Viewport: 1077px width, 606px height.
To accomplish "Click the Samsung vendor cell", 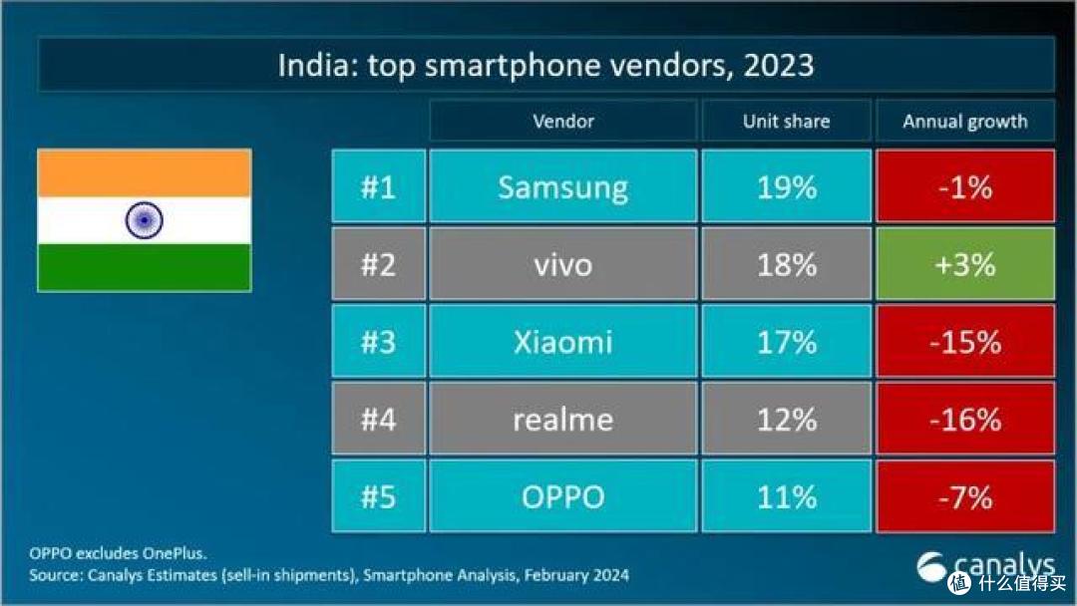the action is [x=562, y=186].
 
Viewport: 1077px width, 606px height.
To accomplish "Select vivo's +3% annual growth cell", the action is [x=965, y=264].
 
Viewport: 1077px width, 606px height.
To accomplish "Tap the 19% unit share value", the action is [x=787, y=186].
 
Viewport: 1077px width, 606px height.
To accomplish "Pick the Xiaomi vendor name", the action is [x=562, y=342].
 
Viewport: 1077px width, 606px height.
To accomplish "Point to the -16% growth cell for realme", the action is [x=965, y=419].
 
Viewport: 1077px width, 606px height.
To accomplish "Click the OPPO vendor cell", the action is [x=562, y=496].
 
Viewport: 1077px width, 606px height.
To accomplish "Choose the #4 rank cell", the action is [x=379, y=419].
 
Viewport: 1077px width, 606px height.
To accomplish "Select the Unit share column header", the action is [x=787, y=121].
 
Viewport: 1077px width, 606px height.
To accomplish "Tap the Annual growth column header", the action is [x=965, y=121].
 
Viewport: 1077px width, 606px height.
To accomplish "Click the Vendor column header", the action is [x=562, y=121].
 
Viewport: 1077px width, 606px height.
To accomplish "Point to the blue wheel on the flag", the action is [x=145, y=220].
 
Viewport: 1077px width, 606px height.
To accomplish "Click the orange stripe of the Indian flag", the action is [x=145, y=173].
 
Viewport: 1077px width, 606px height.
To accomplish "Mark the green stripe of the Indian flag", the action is [x=145, y=267].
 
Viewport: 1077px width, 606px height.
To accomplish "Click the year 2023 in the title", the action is [x=778, y=65].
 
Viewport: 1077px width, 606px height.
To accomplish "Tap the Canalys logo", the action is [x=985, y=566].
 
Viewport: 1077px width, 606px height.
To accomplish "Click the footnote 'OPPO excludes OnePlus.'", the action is [x=118, y=552].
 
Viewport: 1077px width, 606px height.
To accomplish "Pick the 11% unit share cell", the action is [x=787, y=496].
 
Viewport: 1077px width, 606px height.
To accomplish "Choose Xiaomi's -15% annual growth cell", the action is [x=965, y=342].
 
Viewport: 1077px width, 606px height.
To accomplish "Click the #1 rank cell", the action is [x=379, y=186].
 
